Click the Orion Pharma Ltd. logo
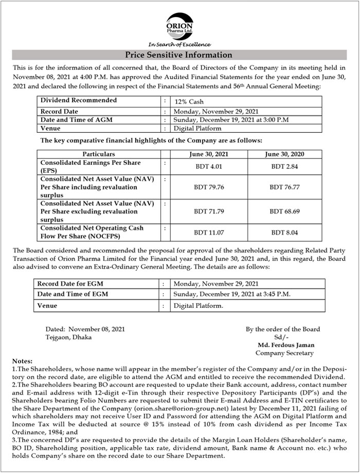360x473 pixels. pyautogui.click(x=179, y=25)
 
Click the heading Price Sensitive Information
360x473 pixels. pyautogui.click(x=179, y=55)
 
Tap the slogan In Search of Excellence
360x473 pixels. pyautogui.click(x=179, y=45)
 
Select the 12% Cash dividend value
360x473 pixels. pyautogui.click(x=189, y=102)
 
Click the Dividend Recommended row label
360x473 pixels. pyautogui.click(x=79, y=100)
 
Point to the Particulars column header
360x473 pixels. pyautogui.click(x=99, y=154)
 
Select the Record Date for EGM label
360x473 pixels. pyautogui.click(x=69, y=284)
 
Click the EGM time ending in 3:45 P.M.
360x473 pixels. pyautogui.click(x=232, y=294)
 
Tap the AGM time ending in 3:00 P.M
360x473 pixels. pyautogui.click(x=231, y=120)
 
